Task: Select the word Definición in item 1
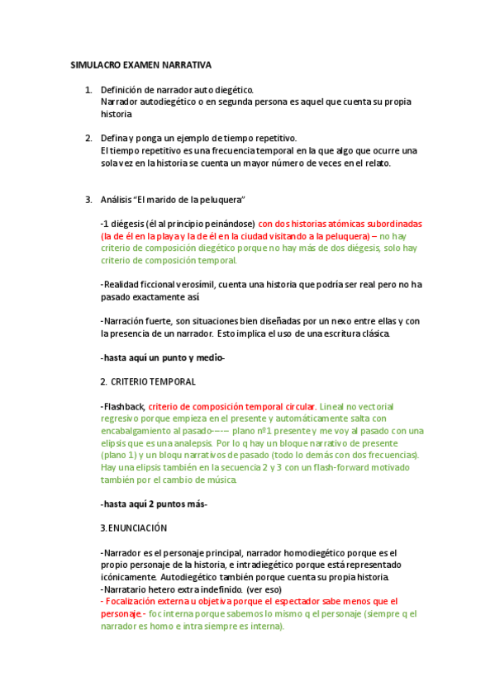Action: click(x=125, y=89)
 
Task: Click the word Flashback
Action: click(x=123, y=406)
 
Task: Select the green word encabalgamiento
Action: click(x=138, y=431)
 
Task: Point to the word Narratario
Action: click(x=127, y=589)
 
